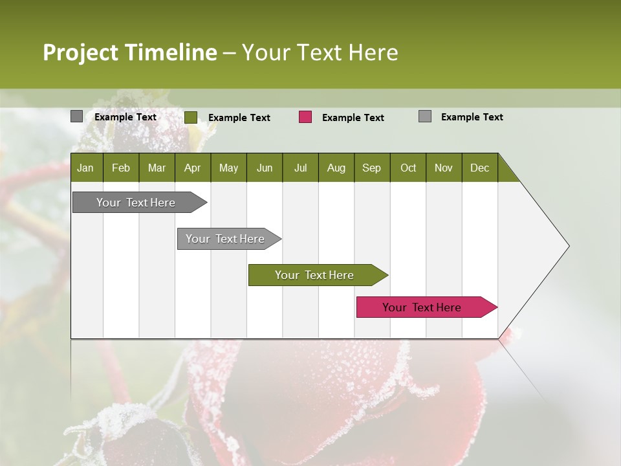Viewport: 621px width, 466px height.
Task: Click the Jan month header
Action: pos(85,168)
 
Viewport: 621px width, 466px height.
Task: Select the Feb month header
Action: pos(121,168)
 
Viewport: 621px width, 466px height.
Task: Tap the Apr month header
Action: pos(192,168)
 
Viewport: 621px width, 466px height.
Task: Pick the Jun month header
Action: pos(265,168)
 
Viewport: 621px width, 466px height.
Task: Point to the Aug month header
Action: pos(336,168)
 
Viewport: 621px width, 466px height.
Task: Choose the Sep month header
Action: pos(371,168)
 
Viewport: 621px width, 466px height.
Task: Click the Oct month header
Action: pos(408,168)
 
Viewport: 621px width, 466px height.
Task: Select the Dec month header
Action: pos(479,168)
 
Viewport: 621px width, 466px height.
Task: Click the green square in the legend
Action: pos(191,117)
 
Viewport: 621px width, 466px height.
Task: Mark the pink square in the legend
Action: pos(305,117)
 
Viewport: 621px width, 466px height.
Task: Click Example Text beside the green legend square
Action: pos(239,118)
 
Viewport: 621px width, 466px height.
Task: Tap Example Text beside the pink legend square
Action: pos(353,118)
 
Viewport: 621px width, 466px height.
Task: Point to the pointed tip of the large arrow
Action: pos(568,246)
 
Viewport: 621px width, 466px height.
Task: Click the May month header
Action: pos(228,168)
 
